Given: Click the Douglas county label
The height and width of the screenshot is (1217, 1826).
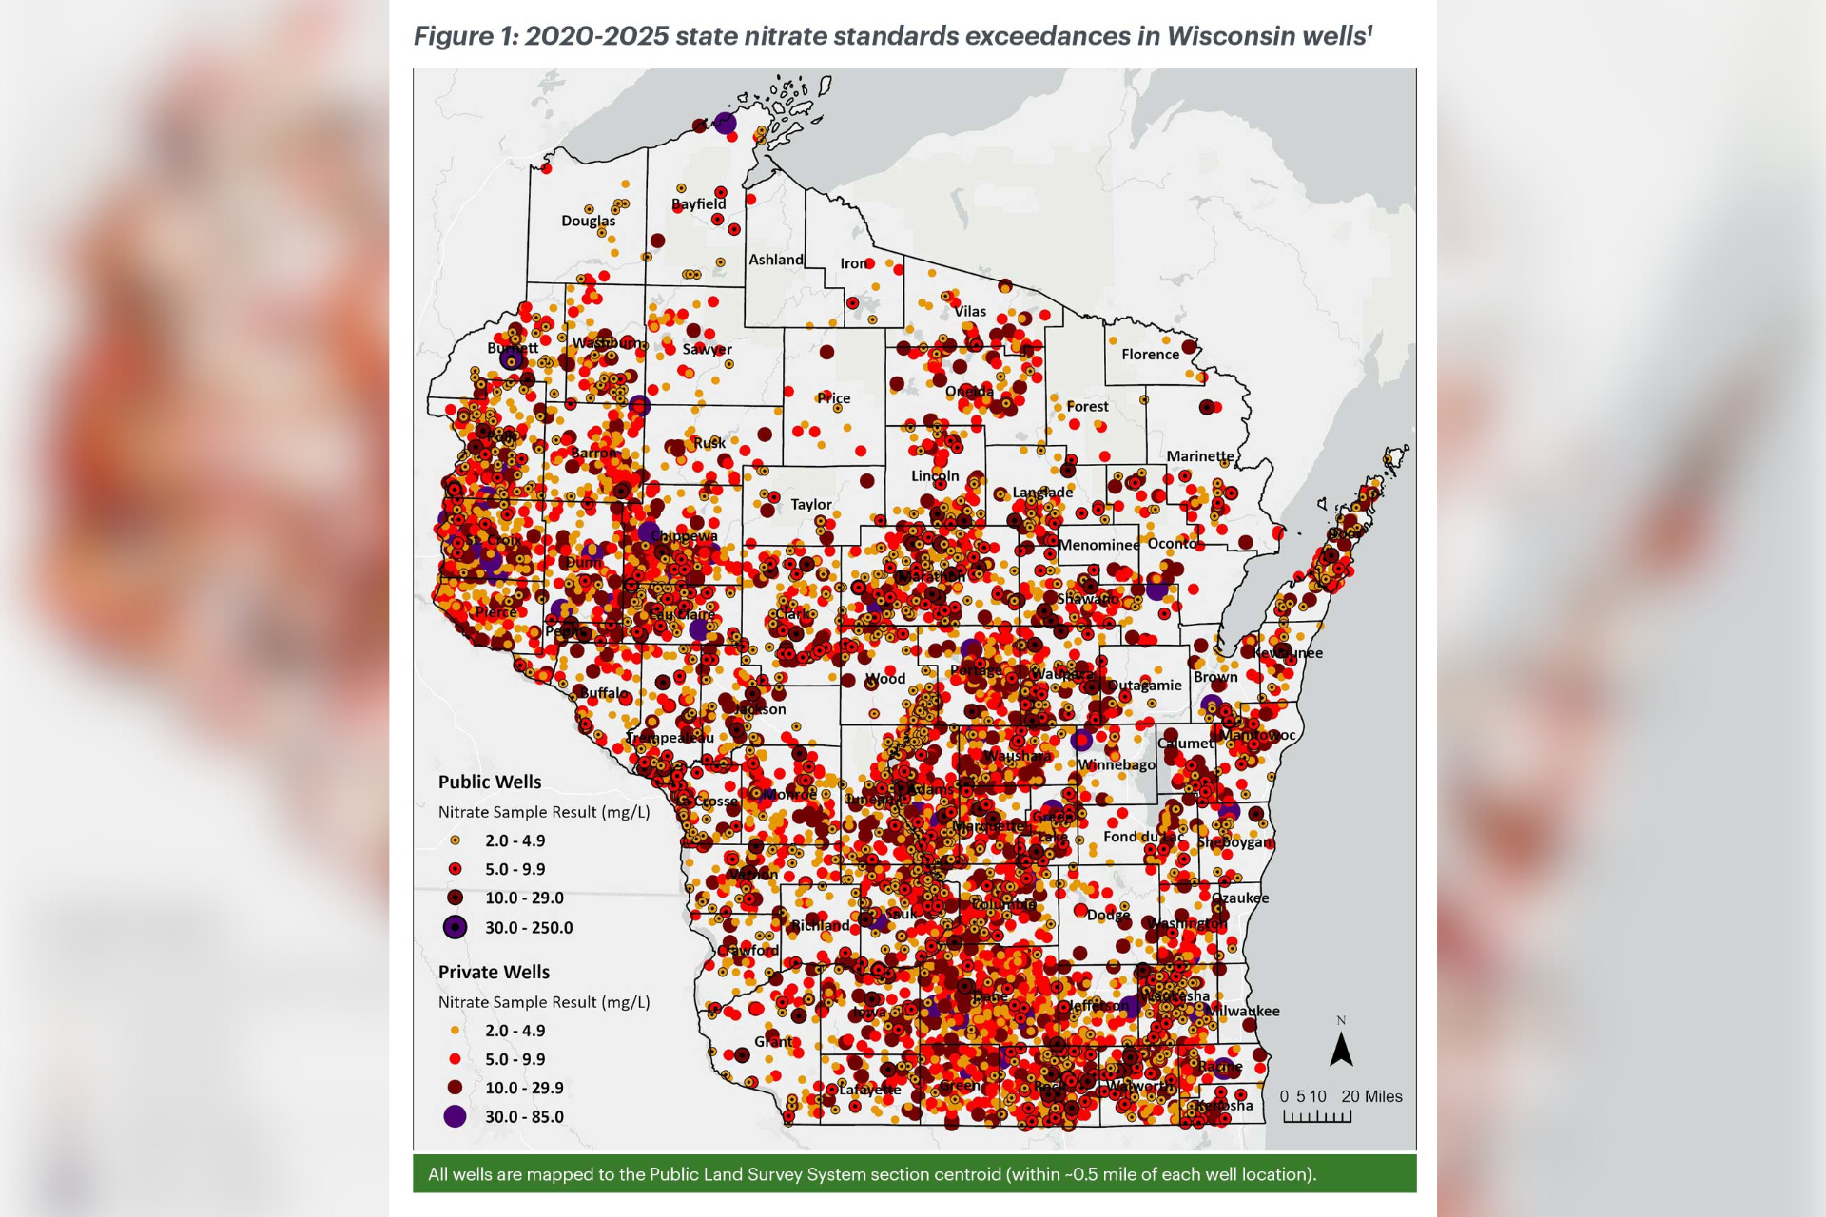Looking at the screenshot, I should coord(588,221).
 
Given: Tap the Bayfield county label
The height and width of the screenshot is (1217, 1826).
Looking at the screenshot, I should coord(698,203).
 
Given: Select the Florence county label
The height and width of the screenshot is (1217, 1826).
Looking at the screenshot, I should coord(1150,354).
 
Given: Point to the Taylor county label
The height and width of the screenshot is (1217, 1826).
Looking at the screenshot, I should coord(810,504).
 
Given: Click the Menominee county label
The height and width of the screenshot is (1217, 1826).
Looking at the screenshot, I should coord(1098,545).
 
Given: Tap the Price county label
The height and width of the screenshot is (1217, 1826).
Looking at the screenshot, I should coord(833,398).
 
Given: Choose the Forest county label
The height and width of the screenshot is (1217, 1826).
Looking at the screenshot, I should coord(1087,406).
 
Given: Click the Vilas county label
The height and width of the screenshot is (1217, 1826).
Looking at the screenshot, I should coord(970,311).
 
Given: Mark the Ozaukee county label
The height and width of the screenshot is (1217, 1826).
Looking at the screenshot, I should coord(1240,898).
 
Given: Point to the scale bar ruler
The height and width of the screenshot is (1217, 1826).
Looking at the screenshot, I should coord(1317,1117).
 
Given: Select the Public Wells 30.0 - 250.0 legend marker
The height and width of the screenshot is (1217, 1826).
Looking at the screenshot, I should coord(456,927).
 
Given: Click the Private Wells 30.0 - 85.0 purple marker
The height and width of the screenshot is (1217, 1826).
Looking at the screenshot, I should coord(456,1116).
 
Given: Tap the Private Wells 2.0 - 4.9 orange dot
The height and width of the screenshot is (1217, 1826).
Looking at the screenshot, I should coord(456,1031).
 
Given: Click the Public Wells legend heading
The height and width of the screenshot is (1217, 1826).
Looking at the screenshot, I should coord(489,782).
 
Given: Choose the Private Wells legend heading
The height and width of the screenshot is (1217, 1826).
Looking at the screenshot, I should coord(494,972).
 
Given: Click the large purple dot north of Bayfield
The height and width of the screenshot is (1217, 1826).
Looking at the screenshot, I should coord(725,123).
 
